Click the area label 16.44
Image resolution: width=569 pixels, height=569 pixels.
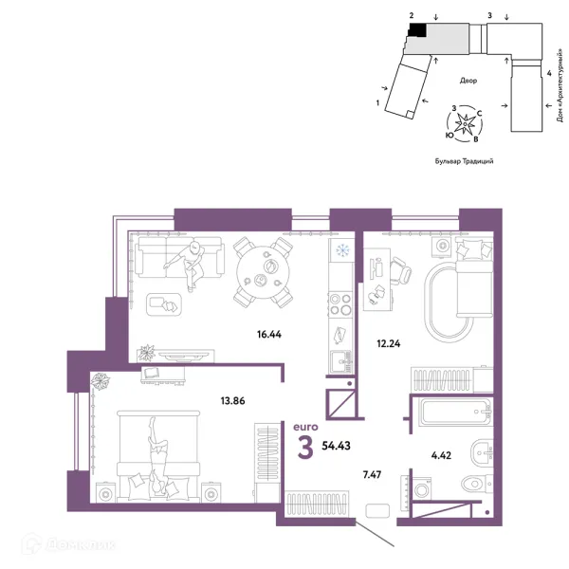tap(269, 334)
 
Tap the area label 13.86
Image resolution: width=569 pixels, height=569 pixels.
tap(232, 401)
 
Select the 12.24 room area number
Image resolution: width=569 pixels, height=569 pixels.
tap(389, 343)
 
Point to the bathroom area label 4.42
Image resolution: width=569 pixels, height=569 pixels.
tap(441, 455)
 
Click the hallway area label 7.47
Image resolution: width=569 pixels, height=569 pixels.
tap(372, 475)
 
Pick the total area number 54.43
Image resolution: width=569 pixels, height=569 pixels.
tap(336, 446)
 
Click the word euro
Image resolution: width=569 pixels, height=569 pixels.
tap(305, 427)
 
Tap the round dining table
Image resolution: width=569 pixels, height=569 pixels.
tap(263, 272)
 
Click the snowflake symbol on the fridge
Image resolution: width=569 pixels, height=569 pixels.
tap(341, 250)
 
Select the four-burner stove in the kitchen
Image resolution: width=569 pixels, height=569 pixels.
tap(340, 304)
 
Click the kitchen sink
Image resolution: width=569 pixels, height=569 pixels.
tap(340, 362)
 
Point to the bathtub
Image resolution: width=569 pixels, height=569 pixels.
tap(455, 412)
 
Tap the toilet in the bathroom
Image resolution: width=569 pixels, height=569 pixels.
tap(476, 483)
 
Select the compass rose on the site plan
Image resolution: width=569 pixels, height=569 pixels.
tap(464, 123)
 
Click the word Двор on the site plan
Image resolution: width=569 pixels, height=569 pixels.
tap(468, 81)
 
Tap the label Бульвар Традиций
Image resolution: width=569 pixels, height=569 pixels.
tap(464, 161)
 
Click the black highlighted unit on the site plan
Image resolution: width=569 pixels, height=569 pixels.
tap(417, 29)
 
